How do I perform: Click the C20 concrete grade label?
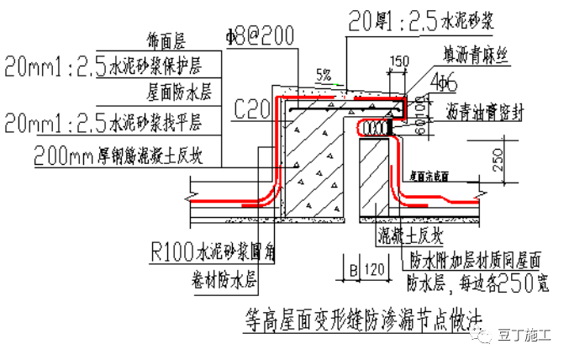point(251,108)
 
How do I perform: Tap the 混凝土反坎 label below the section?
point(412,233)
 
